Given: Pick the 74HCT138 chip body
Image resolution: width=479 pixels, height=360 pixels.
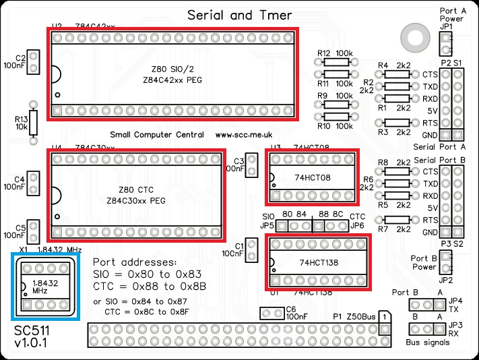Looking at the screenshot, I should click(317, 262).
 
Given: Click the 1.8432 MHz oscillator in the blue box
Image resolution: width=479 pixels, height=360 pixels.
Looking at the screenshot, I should click(45, 287).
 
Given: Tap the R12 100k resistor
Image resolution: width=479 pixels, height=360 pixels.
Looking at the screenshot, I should click(336, 62).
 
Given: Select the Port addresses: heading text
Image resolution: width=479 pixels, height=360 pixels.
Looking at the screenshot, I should click(134, 262).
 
